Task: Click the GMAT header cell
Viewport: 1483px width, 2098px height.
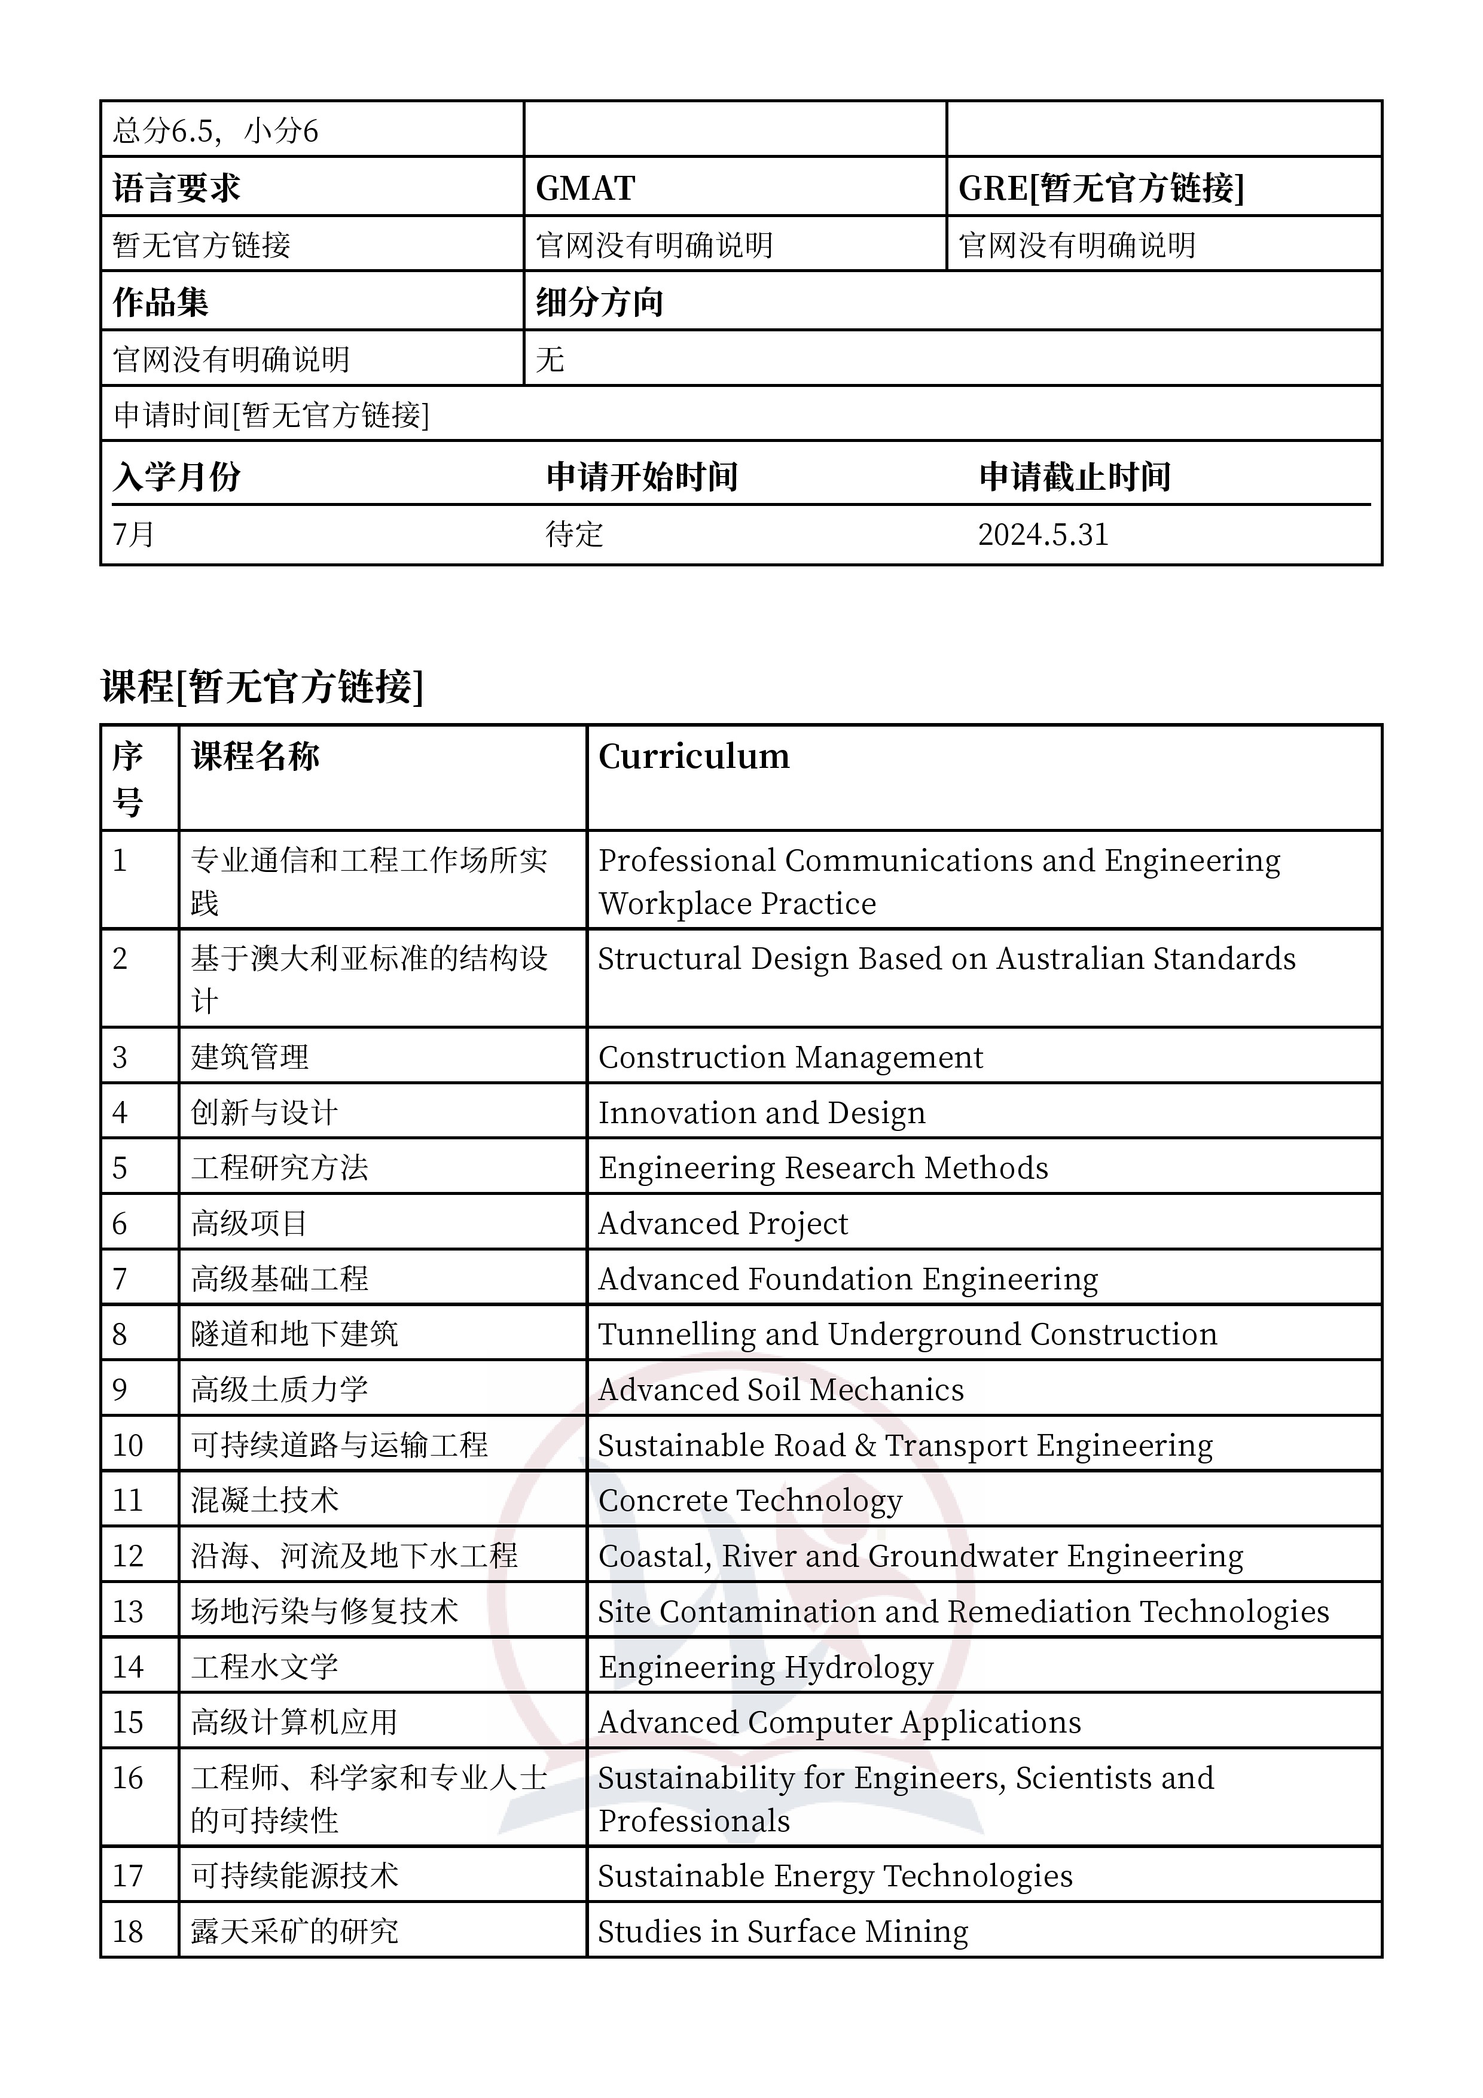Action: pos(585,188)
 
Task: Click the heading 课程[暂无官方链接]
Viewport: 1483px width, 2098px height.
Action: pos(263,686)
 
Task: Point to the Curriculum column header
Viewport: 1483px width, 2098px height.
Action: pos(694,757)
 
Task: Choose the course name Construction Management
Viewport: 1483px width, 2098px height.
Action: pos(791,1057)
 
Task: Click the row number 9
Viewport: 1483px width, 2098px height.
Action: pos(120,1390)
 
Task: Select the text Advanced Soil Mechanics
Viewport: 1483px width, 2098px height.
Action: pos(780,1390)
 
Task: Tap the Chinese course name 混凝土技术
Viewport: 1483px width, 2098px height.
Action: pos(264,1501)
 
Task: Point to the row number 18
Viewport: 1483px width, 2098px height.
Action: pos(128,1932)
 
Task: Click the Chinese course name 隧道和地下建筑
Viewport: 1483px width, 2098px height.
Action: pos(294,1334)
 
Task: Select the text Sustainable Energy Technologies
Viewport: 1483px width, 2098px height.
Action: pos(835,1876)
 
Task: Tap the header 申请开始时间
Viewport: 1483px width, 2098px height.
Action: pos(642,477)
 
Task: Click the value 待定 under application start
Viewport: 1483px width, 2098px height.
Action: pos(574,535)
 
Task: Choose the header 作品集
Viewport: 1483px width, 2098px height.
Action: pos(161,303)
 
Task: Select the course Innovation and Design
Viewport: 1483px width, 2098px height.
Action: pos(761,1113)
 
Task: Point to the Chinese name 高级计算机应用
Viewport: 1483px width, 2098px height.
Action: pos(294,1722)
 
